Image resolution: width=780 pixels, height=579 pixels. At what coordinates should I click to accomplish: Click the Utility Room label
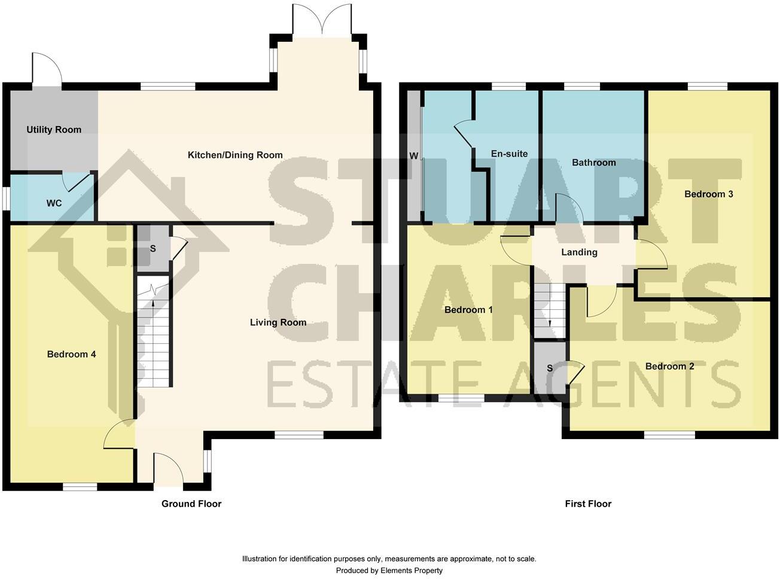tap(54, 130)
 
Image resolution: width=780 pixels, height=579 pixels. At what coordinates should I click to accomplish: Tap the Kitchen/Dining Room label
tap(235, 155)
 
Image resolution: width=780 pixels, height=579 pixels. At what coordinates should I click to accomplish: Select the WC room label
tap(54, 203)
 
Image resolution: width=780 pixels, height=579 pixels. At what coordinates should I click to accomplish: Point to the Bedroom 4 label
tap(72, 354)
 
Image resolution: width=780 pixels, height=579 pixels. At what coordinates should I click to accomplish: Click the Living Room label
tap(278, 322)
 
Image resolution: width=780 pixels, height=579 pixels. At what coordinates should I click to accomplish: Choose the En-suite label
tap(509, 154)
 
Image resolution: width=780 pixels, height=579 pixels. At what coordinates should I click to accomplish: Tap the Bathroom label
tap(593, 163)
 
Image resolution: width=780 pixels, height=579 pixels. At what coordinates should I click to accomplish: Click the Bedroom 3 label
tap(709, 194)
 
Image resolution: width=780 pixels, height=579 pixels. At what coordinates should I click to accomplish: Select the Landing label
tap(579, 252)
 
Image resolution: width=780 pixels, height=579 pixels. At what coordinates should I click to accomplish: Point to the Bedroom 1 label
tap(468, 310)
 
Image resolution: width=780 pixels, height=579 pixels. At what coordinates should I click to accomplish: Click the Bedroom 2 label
tap(670, 366)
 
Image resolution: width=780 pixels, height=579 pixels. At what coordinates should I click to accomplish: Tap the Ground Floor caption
tap(191, 504)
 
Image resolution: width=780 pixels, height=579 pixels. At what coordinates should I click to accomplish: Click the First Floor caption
tap(588, 504)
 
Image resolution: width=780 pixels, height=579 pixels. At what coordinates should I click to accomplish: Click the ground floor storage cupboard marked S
tap(152, 248)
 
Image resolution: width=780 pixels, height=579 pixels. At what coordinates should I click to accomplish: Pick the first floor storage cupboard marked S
tap(550, 368)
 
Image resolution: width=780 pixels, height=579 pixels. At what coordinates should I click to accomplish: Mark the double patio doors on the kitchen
tap(322, 19)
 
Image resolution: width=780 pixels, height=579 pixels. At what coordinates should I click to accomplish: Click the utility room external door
tap(47, 70)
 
